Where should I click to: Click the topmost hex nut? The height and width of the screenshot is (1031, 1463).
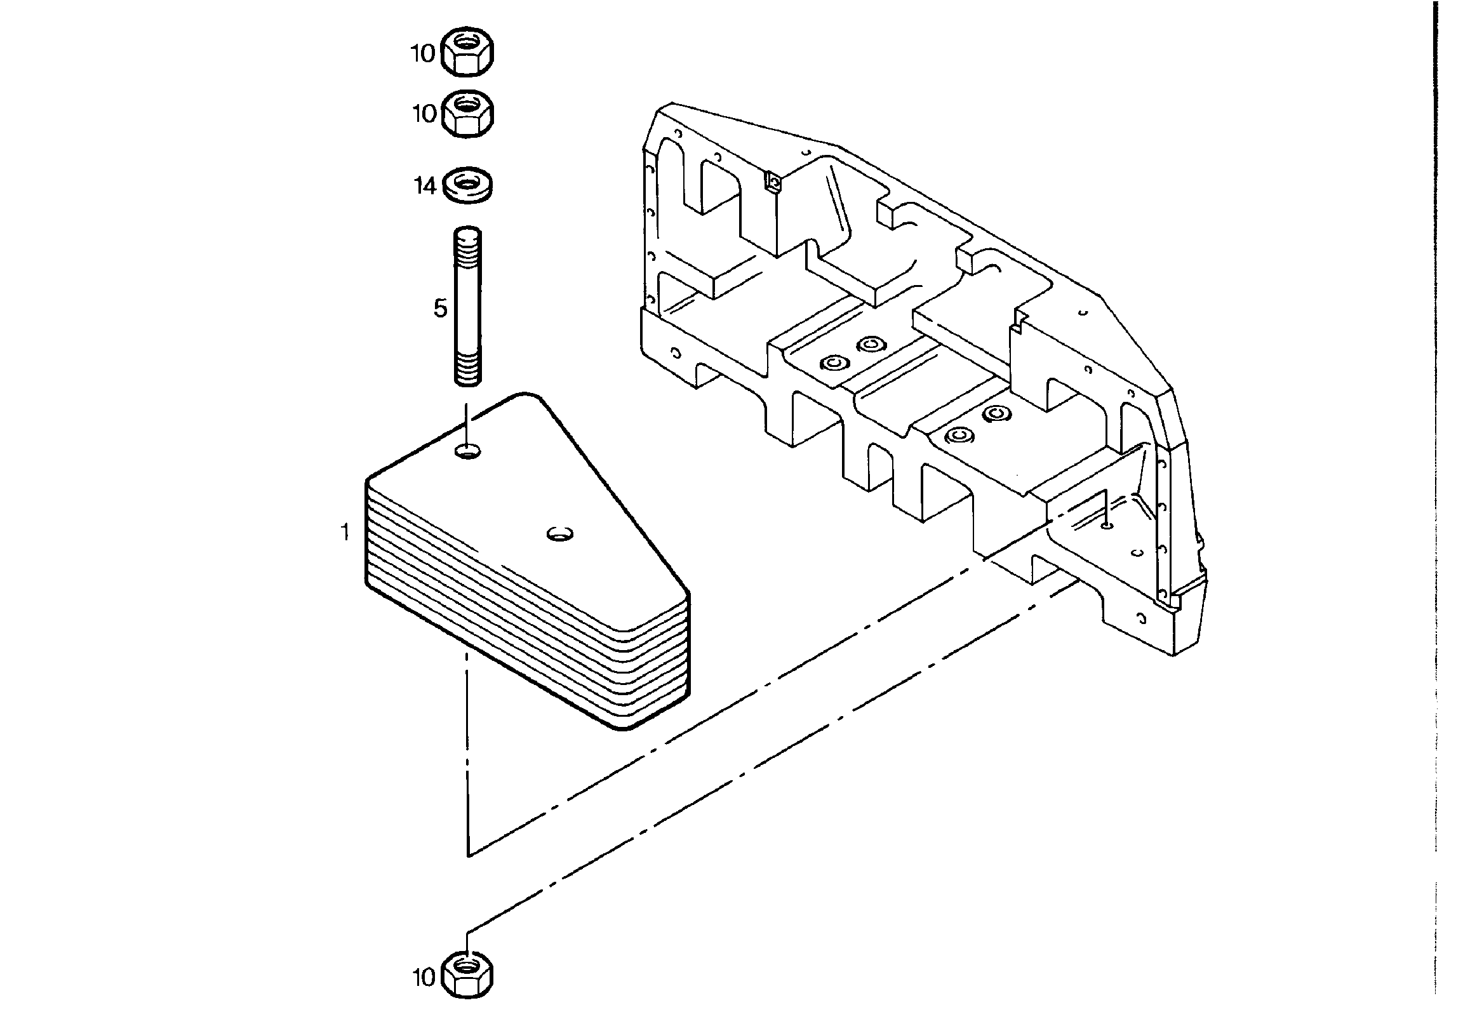coord(467,52)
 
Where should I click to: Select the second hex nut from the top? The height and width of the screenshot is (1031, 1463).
coord(467,114)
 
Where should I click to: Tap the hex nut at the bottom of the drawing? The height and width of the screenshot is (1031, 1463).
coord(467,974)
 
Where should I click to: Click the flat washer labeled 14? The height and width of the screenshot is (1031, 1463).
coord(467,185)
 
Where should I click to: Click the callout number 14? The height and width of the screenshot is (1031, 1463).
coord(425,186)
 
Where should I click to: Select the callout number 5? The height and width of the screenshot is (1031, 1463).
coord(440,309)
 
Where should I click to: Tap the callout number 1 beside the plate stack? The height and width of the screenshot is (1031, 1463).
coord(345,532)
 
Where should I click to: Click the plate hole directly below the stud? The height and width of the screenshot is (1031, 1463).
coord(468,453)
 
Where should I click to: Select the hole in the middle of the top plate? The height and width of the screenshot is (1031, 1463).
coord(560,534)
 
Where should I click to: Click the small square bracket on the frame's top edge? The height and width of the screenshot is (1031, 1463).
coord(773,184)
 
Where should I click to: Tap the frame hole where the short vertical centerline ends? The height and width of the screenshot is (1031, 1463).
coord(1107,526)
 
